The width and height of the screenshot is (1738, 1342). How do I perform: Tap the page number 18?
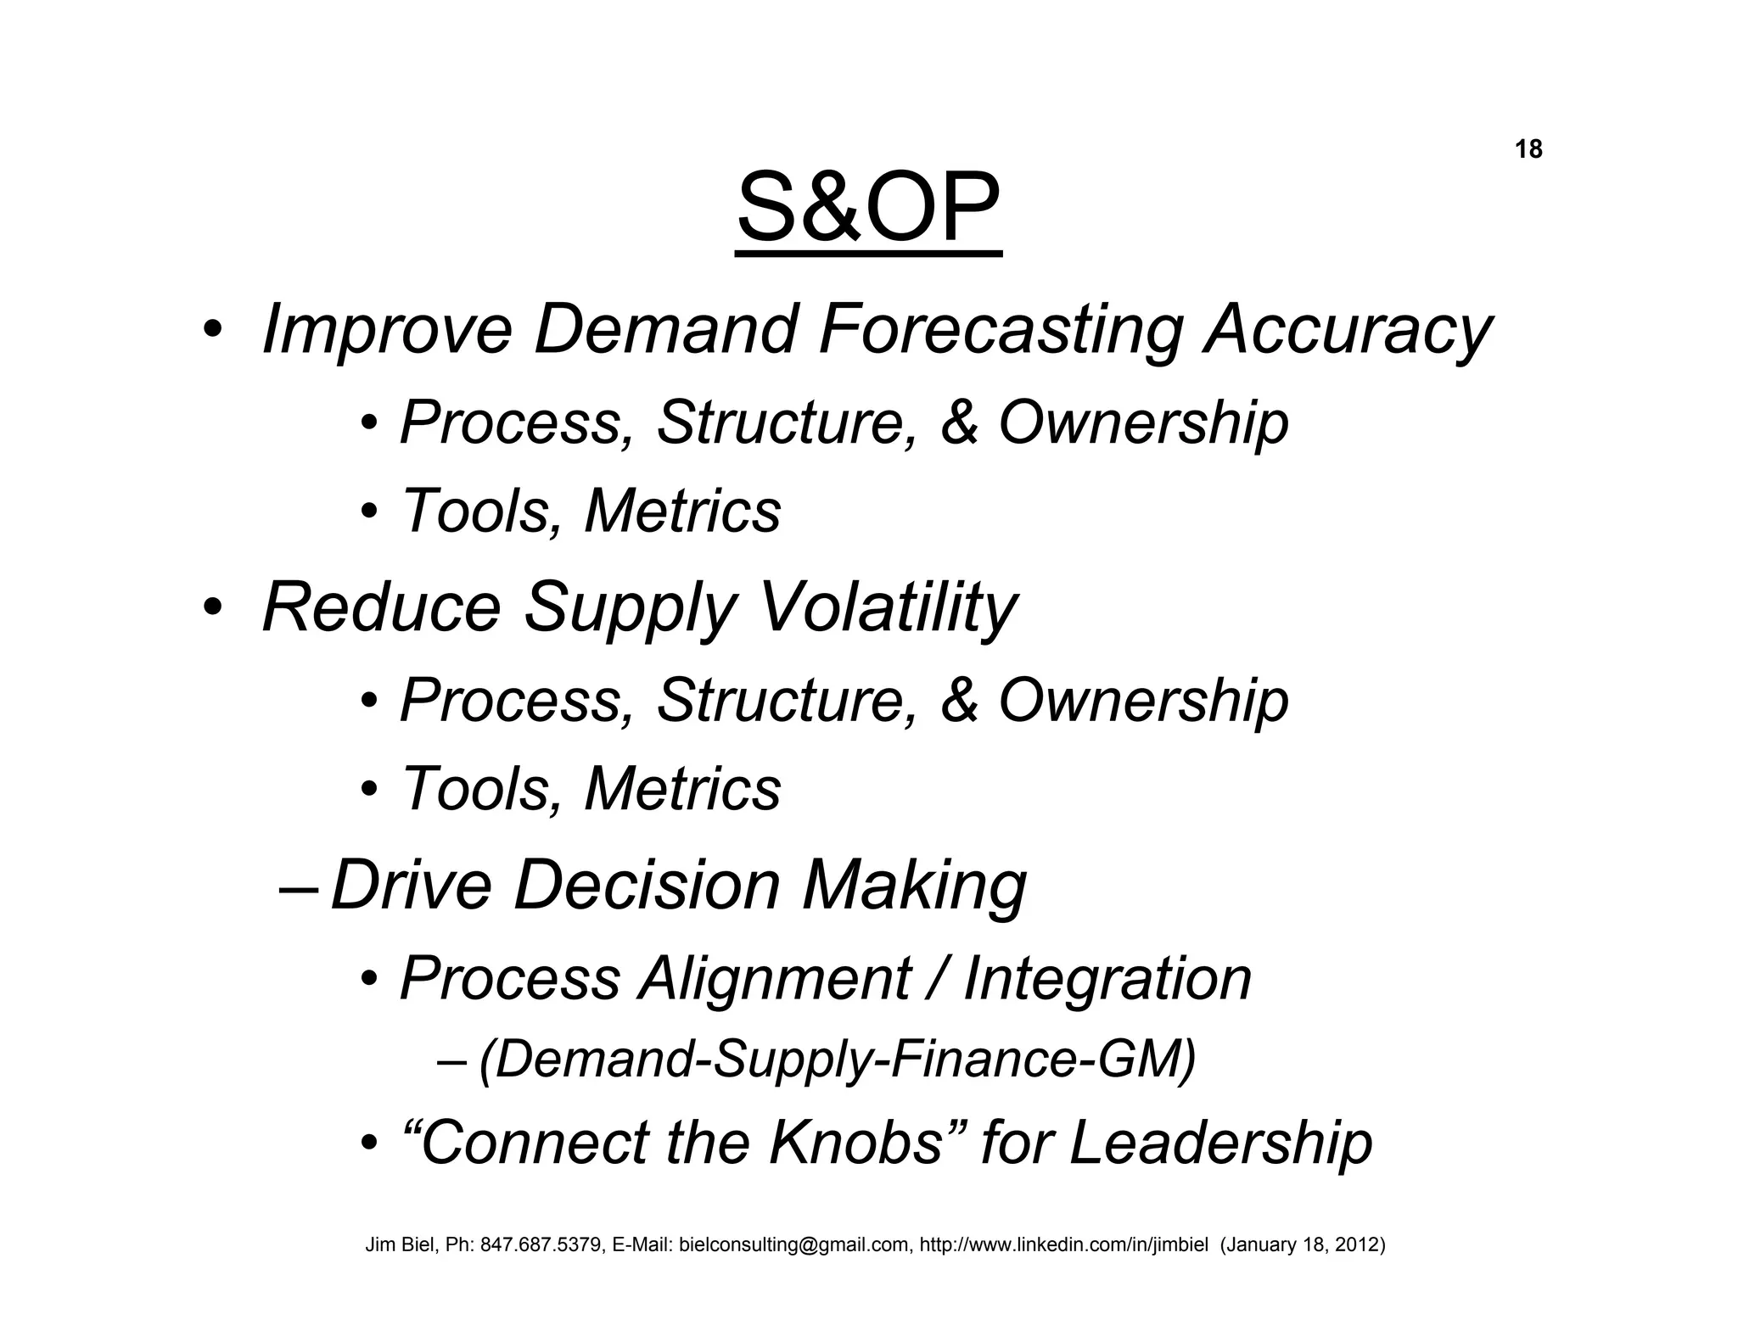click(1528, 150)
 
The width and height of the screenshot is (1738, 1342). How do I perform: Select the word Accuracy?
click(1348, 331)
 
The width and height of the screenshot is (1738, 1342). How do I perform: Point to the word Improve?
click(387, 331)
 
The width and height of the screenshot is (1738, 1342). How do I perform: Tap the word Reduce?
click(382, 608)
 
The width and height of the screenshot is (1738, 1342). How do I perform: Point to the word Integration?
click(1107, 979)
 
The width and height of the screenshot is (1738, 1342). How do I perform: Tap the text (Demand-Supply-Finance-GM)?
click(837, 1060)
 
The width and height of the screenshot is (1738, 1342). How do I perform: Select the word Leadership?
click(1220, 1143)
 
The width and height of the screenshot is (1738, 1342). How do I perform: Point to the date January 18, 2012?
click(1302, 1245)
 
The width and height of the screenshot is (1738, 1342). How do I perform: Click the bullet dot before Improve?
click(211, 331)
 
